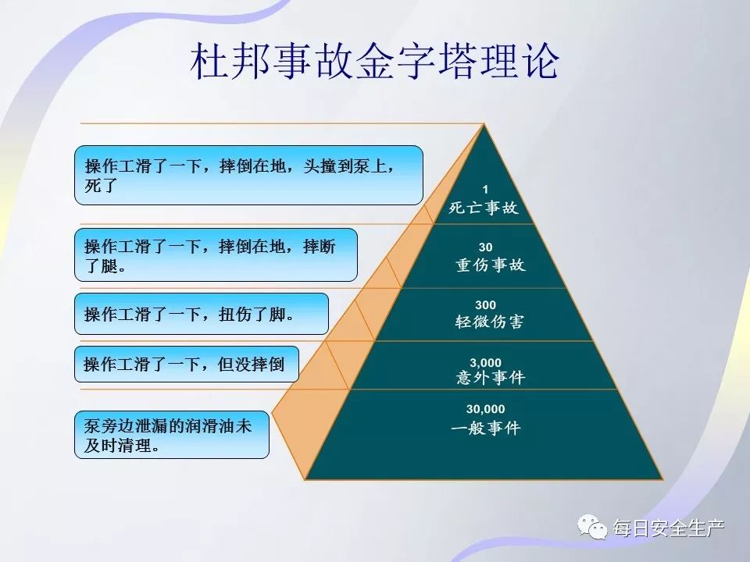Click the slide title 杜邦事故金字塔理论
(374, 62)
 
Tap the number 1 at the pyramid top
(485, 190)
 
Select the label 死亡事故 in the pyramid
(484, 208)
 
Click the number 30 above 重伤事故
(485, 247)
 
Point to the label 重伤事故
(491, 265)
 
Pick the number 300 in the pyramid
(485, 305)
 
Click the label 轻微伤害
(489, 322)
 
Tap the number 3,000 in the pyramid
(485, 363)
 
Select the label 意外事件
(491, 378)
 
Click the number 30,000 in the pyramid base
(485, 409)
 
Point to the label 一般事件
(485, 428)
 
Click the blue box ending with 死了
(248, 176)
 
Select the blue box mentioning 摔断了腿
(216, 255)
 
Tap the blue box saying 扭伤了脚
(202, 314)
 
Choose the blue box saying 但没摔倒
(187, 365)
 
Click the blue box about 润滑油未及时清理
(172, 435)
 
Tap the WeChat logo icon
(592, 528)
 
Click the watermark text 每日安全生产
(669, 528)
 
